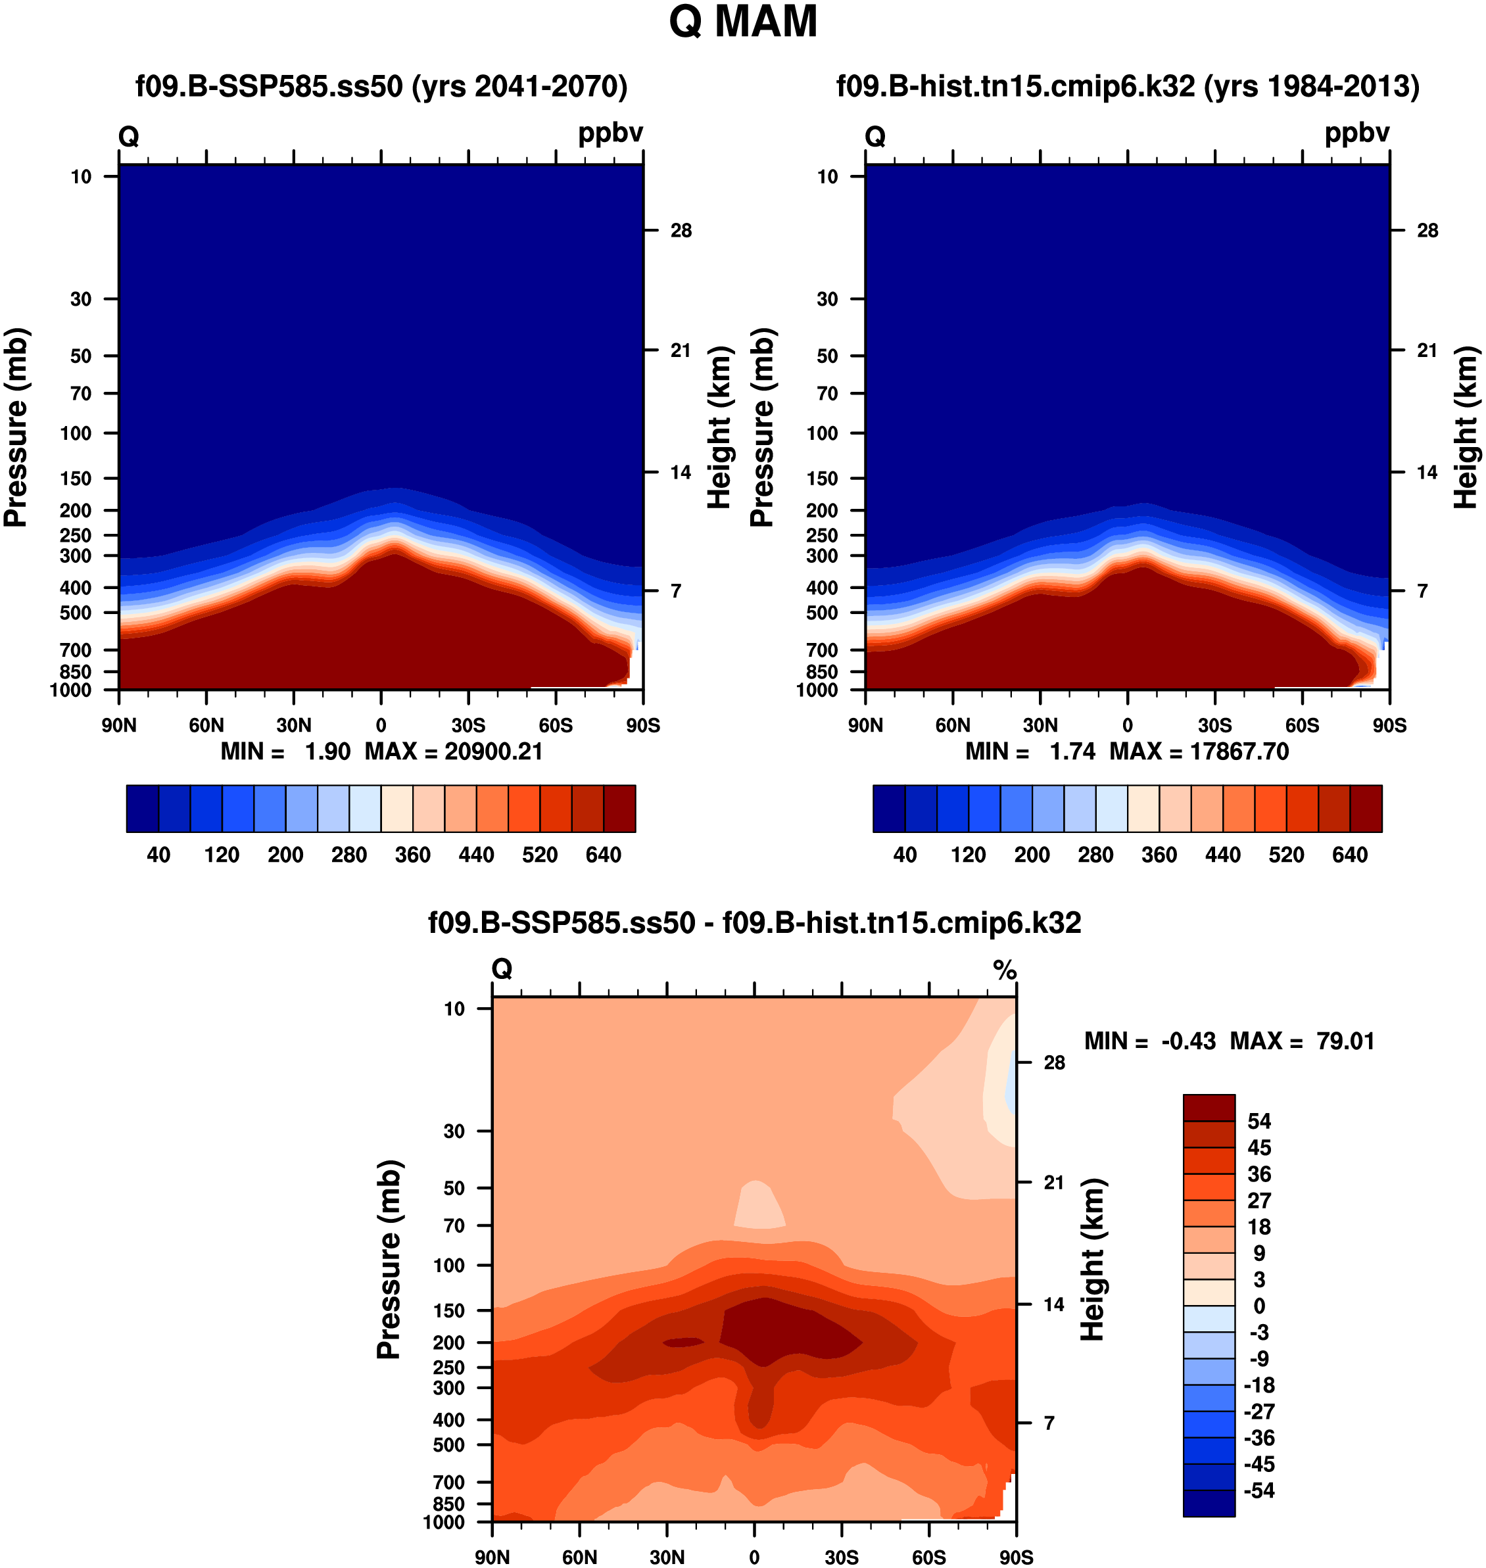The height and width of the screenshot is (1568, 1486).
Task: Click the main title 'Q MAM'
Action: [742, 22]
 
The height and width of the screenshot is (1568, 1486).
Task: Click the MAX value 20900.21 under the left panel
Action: [494, 751]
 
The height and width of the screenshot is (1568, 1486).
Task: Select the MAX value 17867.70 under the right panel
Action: [1239, 751]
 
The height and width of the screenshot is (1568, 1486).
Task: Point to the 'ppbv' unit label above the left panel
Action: [610, 133]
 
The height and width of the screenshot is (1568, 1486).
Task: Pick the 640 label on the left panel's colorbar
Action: [603, 855]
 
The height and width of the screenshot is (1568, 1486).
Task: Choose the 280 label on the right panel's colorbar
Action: [1095, 855]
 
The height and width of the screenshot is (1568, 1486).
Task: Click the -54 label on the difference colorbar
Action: [1258, 1491]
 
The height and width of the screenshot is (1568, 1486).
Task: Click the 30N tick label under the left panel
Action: [294, 725]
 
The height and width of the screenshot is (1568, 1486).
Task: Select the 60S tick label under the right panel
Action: [1303, 725]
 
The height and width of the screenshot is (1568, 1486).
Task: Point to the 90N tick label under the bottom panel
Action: [492, 1557]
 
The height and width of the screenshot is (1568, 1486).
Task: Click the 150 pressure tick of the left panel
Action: [76, 479]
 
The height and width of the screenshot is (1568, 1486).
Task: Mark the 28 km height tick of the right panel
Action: [1427, 231]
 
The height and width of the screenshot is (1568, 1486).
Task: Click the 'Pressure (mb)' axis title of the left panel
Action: [16, 427]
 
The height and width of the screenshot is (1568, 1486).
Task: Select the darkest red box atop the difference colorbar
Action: [1209, 1108]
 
